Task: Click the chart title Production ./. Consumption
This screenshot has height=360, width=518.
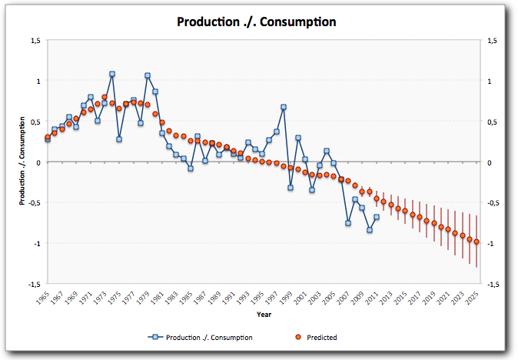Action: coord(257,22)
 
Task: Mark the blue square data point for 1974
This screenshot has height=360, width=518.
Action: coord(112,75)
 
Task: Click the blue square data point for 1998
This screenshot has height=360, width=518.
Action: coord(284,107)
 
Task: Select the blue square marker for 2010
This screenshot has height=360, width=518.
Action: coord(370,230)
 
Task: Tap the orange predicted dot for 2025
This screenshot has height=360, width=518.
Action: coord(476,242)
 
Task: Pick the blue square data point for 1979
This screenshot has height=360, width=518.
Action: coord(148,76)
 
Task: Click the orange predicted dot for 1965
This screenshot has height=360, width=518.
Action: coord(48,138)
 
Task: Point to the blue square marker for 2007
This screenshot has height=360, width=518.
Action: coord(348,223)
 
